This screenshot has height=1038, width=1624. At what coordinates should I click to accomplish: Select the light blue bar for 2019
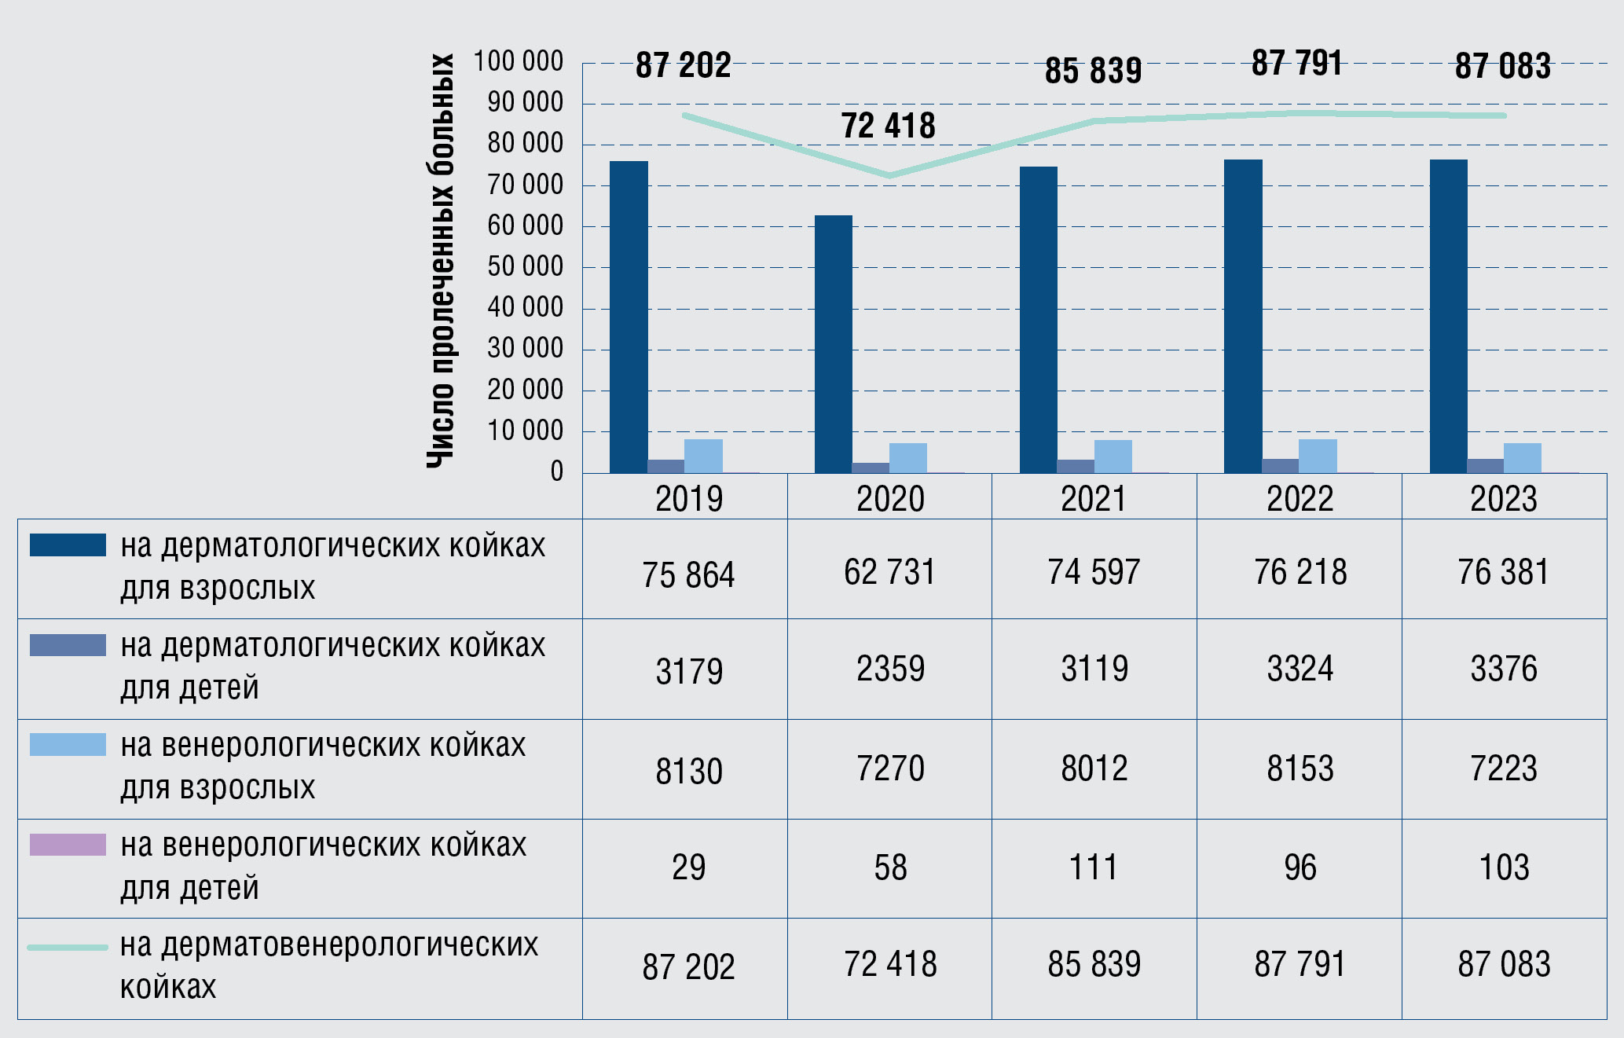tap(703, 457)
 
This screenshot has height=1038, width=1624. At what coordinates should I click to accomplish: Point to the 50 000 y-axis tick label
tap(525, 266)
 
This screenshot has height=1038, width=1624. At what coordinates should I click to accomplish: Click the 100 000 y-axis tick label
tap(518, 61)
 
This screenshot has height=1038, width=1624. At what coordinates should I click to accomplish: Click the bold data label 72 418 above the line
tap(888, 126)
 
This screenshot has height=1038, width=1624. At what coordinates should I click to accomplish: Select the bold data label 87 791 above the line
tap(1296, 63)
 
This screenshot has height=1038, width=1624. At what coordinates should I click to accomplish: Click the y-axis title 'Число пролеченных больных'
tap(441, 261)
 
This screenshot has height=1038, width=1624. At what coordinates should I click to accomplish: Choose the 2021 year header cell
tap(1093, 499)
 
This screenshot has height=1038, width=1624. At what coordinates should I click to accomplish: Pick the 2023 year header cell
tap(1503, 499)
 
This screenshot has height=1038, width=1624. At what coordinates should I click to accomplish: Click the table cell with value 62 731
tap(889, 572)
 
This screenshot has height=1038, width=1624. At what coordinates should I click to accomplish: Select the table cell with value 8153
tap(1300, 768)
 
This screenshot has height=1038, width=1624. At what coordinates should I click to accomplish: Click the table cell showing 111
tap(1093, 867)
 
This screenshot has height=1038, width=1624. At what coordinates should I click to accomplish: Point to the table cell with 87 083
tap(1503, 965)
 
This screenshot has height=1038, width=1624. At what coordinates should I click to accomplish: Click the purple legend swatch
tap(68, 845)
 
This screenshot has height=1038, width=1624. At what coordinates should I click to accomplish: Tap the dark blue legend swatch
tap(68, 545)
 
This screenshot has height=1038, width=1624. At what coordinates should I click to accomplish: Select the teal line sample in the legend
tap(68, 948)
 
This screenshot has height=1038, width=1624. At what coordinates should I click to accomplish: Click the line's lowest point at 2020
tap(889, 175)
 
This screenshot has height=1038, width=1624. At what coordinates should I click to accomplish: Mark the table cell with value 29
tap(688, 867)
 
